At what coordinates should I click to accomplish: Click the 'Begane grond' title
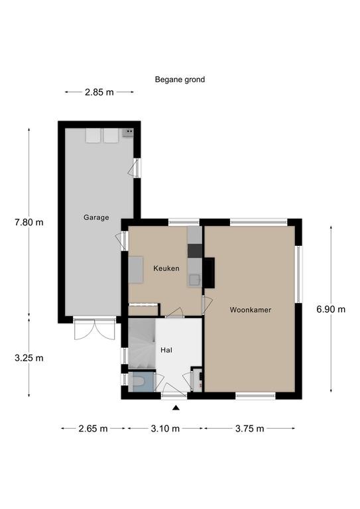tap(180, 80)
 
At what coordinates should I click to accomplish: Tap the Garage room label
tap(96, 217)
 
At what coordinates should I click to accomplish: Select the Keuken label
tap(166, 268)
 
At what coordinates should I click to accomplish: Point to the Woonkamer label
tap(251, 310)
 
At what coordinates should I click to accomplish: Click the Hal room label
tap(166, 350)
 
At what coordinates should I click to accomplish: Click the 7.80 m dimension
tap(29, 223)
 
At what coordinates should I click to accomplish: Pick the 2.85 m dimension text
tap(99, 92)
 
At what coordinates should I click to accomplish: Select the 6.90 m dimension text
tap(331, 310)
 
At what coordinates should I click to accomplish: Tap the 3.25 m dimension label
tap(29, 358)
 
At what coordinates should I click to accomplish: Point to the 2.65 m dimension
tap(93, 429)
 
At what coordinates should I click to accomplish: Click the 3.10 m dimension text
tap(165, 429)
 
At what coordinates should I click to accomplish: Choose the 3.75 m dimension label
tap(250, 429)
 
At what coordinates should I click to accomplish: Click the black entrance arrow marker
tap(176, 408)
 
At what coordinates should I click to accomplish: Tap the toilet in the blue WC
tap(139, 381)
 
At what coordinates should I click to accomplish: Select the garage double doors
tap(94, 329)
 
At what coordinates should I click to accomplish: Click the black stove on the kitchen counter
tap(195, 251)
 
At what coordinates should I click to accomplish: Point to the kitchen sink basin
tap(195, 280)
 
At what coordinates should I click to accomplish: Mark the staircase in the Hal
tap(142, 343)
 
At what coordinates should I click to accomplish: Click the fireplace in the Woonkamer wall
tap(210, 272)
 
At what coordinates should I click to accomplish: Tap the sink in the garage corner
tap(128, 133)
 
